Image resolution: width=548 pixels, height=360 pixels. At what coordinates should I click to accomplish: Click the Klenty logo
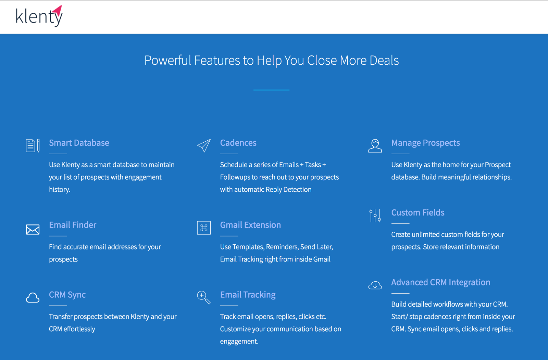pyautogui.click(x=39, y=16)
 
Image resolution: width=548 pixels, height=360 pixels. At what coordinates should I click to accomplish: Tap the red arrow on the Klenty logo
pyautogui.click(x=59, y=10)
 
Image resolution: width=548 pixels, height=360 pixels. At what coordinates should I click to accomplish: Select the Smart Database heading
pyautogui.click(x=79, y=143)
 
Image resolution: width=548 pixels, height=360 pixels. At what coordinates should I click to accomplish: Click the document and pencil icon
pyautogui.click(x=33, y=146)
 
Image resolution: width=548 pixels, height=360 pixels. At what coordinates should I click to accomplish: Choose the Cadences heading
pyautogui.click(x=238, y=143)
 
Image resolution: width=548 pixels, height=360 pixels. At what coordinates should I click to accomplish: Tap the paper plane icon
pyautogui.click(x=204, y=146)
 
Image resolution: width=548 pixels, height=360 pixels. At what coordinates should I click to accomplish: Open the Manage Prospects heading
pyautogui.click(x=426, y=143)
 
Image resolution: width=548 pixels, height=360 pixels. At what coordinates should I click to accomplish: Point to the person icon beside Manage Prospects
pyautogui.click(x=375, y=146)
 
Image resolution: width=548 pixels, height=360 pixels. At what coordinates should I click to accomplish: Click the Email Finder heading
pyautogui.click(x=73, y=225)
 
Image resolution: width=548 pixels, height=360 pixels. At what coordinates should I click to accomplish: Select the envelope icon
pyautogui.click(x=33, y=230)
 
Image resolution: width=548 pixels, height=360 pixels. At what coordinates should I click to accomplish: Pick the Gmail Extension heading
pyautogui.click(x=250, y=225)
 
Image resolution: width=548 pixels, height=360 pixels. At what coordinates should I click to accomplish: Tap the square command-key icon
pyautogui.click(x=204, y=228)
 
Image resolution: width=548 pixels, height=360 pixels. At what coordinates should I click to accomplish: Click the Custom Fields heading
pyautogui.click(x=418, y=213)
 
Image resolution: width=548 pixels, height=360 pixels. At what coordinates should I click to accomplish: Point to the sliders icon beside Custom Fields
pyautogui.click(x=375, y=215)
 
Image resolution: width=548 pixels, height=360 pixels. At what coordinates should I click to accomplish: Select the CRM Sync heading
pyautogui.click(x=67, y=295)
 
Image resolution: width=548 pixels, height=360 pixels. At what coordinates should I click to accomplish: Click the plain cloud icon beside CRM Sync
pyautogui.click(x=33, y=298)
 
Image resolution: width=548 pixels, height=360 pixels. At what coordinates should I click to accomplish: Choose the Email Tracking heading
pyautogui.click(x=248, y=295)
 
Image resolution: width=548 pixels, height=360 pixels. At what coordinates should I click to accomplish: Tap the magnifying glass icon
pyautogui.click(x=204, y=297)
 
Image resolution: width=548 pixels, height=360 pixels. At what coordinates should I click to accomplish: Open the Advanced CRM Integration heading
pyautogui.click(x=441, y=282)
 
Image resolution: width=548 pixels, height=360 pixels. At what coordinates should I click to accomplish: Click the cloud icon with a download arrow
pyautogui.click(x=375, y=285)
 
